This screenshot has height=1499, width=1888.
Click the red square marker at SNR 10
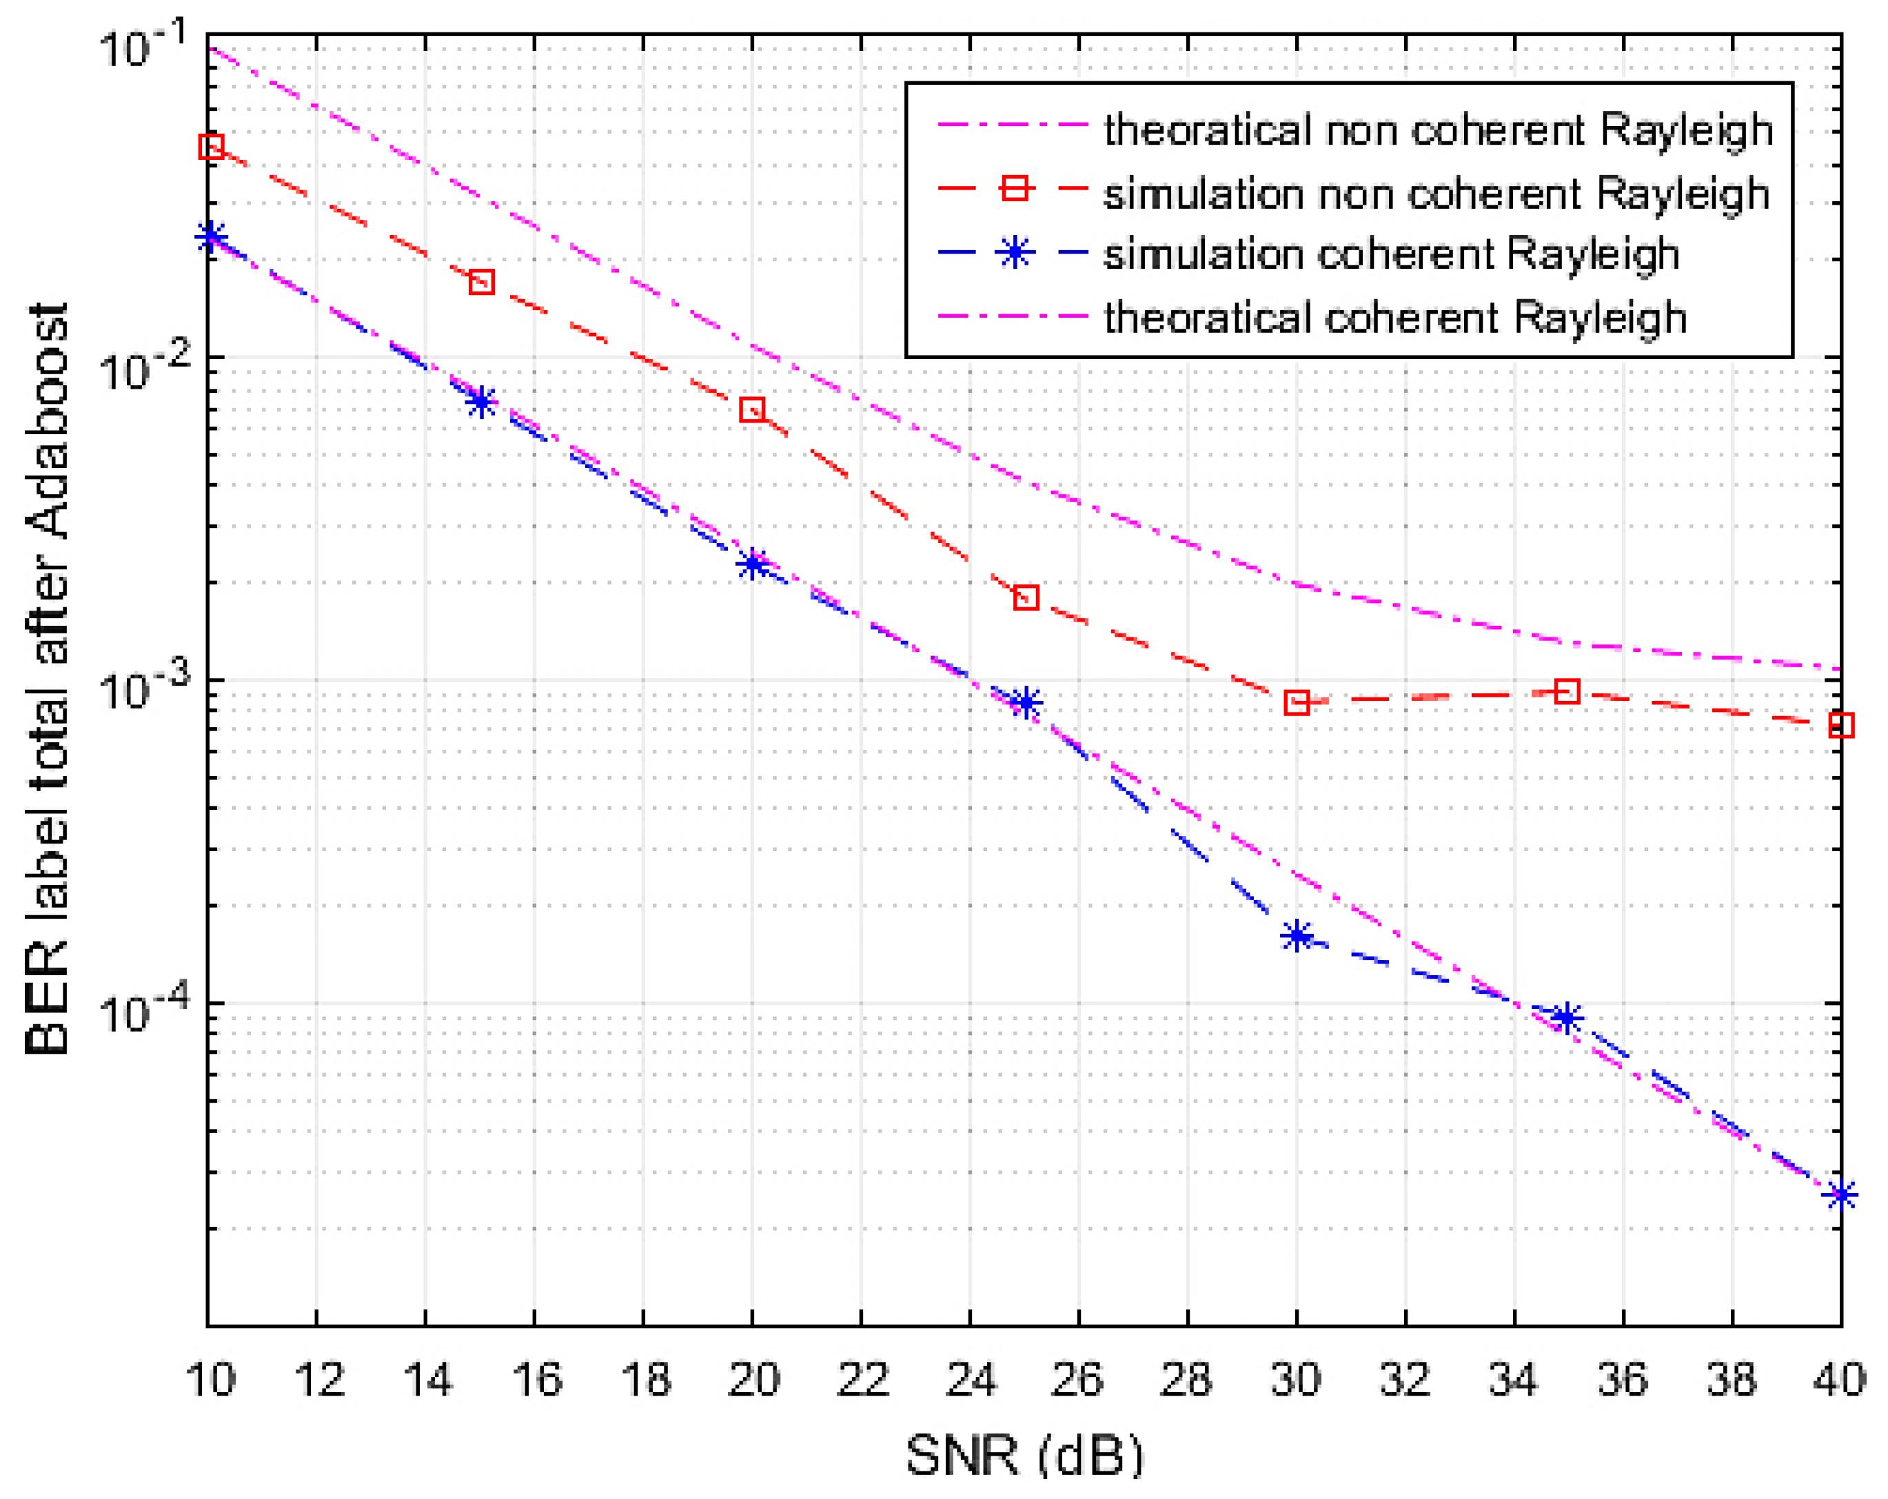(x=211, y=146)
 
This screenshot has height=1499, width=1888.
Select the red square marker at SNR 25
(x=1026, y=598)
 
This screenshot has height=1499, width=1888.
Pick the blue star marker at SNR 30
(x=1297, y=936)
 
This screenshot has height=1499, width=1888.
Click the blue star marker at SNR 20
(x=752, y=564)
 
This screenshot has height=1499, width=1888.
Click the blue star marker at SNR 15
(x=480, y=402)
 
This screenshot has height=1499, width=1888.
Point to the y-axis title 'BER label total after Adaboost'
(x=48, y=680)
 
